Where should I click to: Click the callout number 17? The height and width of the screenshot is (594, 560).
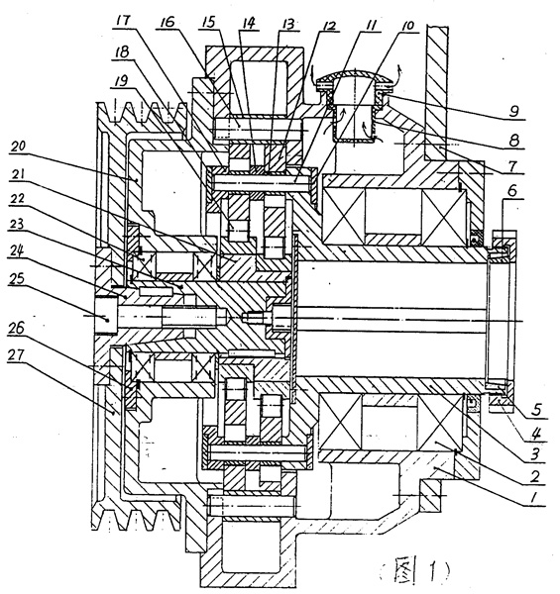pos(123,21)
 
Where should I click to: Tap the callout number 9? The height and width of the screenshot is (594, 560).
pos(513,111)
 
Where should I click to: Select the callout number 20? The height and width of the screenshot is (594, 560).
pos(18,148)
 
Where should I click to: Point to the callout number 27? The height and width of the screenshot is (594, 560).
pos(16,355)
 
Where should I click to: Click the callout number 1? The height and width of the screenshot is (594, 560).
pos(533,497)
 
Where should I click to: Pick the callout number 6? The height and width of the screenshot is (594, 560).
pos(511,190)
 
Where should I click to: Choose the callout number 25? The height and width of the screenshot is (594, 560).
pos(16,279)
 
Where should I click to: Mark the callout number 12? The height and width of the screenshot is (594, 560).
pos(328,26)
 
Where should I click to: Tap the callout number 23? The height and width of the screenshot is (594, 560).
pos(16,224)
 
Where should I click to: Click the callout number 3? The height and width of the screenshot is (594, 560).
pos(534,453)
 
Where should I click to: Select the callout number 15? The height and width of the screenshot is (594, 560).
pos(208,22)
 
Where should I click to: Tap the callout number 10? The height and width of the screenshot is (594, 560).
pos(407,26)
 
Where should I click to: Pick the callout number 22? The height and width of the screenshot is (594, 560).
pos(16,199)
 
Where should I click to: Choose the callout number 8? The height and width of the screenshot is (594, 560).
pos(513,141)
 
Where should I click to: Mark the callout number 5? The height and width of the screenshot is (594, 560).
pos(534,411)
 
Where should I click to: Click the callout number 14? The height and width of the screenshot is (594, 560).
pos(247,23)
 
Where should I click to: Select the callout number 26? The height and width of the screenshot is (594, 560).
pos(16,328)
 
